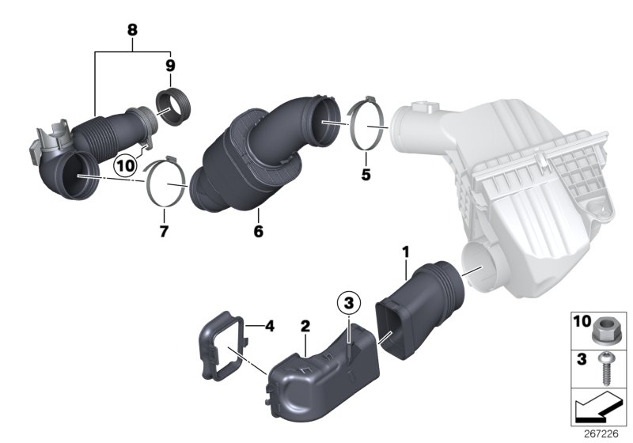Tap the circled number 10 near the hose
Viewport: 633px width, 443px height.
pos(123,166)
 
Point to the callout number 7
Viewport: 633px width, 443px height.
pos(164,231)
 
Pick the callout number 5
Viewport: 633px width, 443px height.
pos(366,174)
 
